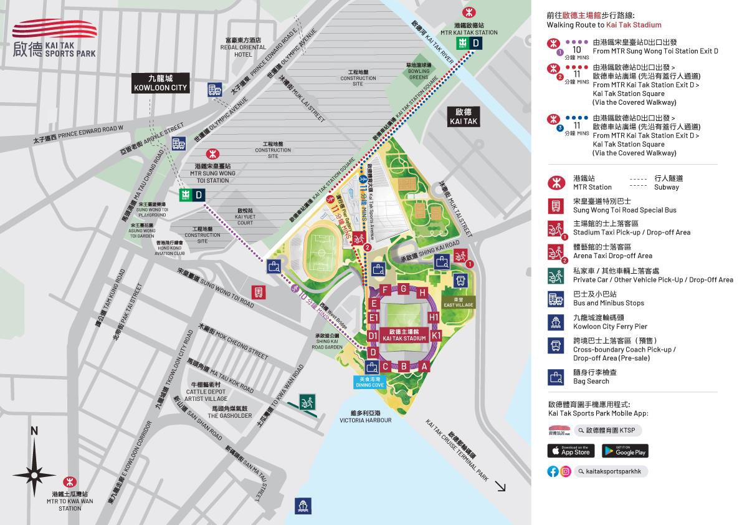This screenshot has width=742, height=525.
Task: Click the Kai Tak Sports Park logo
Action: [54, 39]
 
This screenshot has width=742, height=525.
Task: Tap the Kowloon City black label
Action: [161, 84]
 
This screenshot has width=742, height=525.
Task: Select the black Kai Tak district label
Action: [463, 117]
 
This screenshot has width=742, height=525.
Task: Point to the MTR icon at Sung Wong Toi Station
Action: [212, 153]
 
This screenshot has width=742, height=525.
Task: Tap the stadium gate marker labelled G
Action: [404, 288]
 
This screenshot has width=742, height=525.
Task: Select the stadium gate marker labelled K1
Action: [436, 335]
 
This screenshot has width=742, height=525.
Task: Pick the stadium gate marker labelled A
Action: [424, 367]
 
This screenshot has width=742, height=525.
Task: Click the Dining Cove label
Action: [369, 382]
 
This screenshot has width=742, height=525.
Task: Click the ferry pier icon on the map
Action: [303, 506]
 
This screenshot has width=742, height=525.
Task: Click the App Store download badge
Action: [571, 451]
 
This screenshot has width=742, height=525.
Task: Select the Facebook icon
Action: [553, 471]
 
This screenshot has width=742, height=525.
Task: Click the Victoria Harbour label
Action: [365, 417]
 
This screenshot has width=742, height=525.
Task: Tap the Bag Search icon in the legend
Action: [556, 377]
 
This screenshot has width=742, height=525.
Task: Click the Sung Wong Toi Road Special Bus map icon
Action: [259, 292]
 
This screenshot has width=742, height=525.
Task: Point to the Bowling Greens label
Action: [419, 71]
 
